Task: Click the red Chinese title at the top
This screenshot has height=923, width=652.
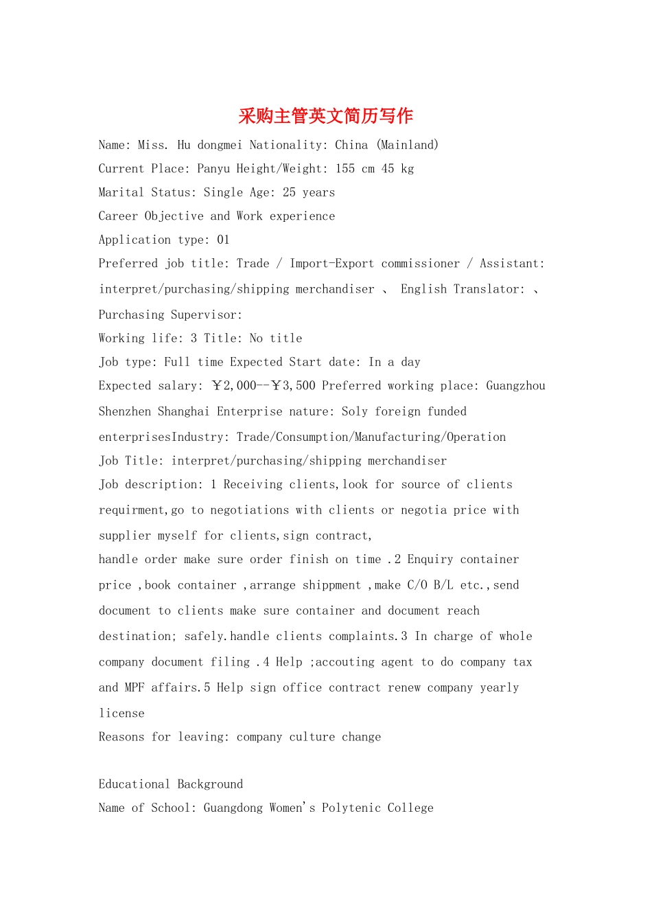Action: point(325,115)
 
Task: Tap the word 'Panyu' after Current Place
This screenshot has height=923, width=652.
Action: point(213,169)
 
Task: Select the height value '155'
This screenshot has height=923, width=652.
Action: point(345,169)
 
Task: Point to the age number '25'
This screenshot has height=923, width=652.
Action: point(289,192)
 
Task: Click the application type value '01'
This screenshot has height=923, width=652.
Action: point(223,240)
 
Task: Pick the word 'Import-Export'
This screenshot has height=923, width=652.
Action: point(331,264)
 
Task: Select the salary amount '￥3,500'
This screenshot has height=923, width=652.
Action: point(293,386)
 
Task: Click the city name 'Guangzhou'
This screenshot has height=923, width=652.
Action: point(515,386)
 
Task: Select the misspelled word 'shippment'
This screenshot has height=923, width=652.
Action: point(331,585)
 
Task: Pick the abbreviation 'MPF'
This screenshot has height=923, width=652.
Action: point(135,687)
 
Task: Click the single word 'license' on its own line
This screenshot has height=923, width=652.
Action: point(121,714)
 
